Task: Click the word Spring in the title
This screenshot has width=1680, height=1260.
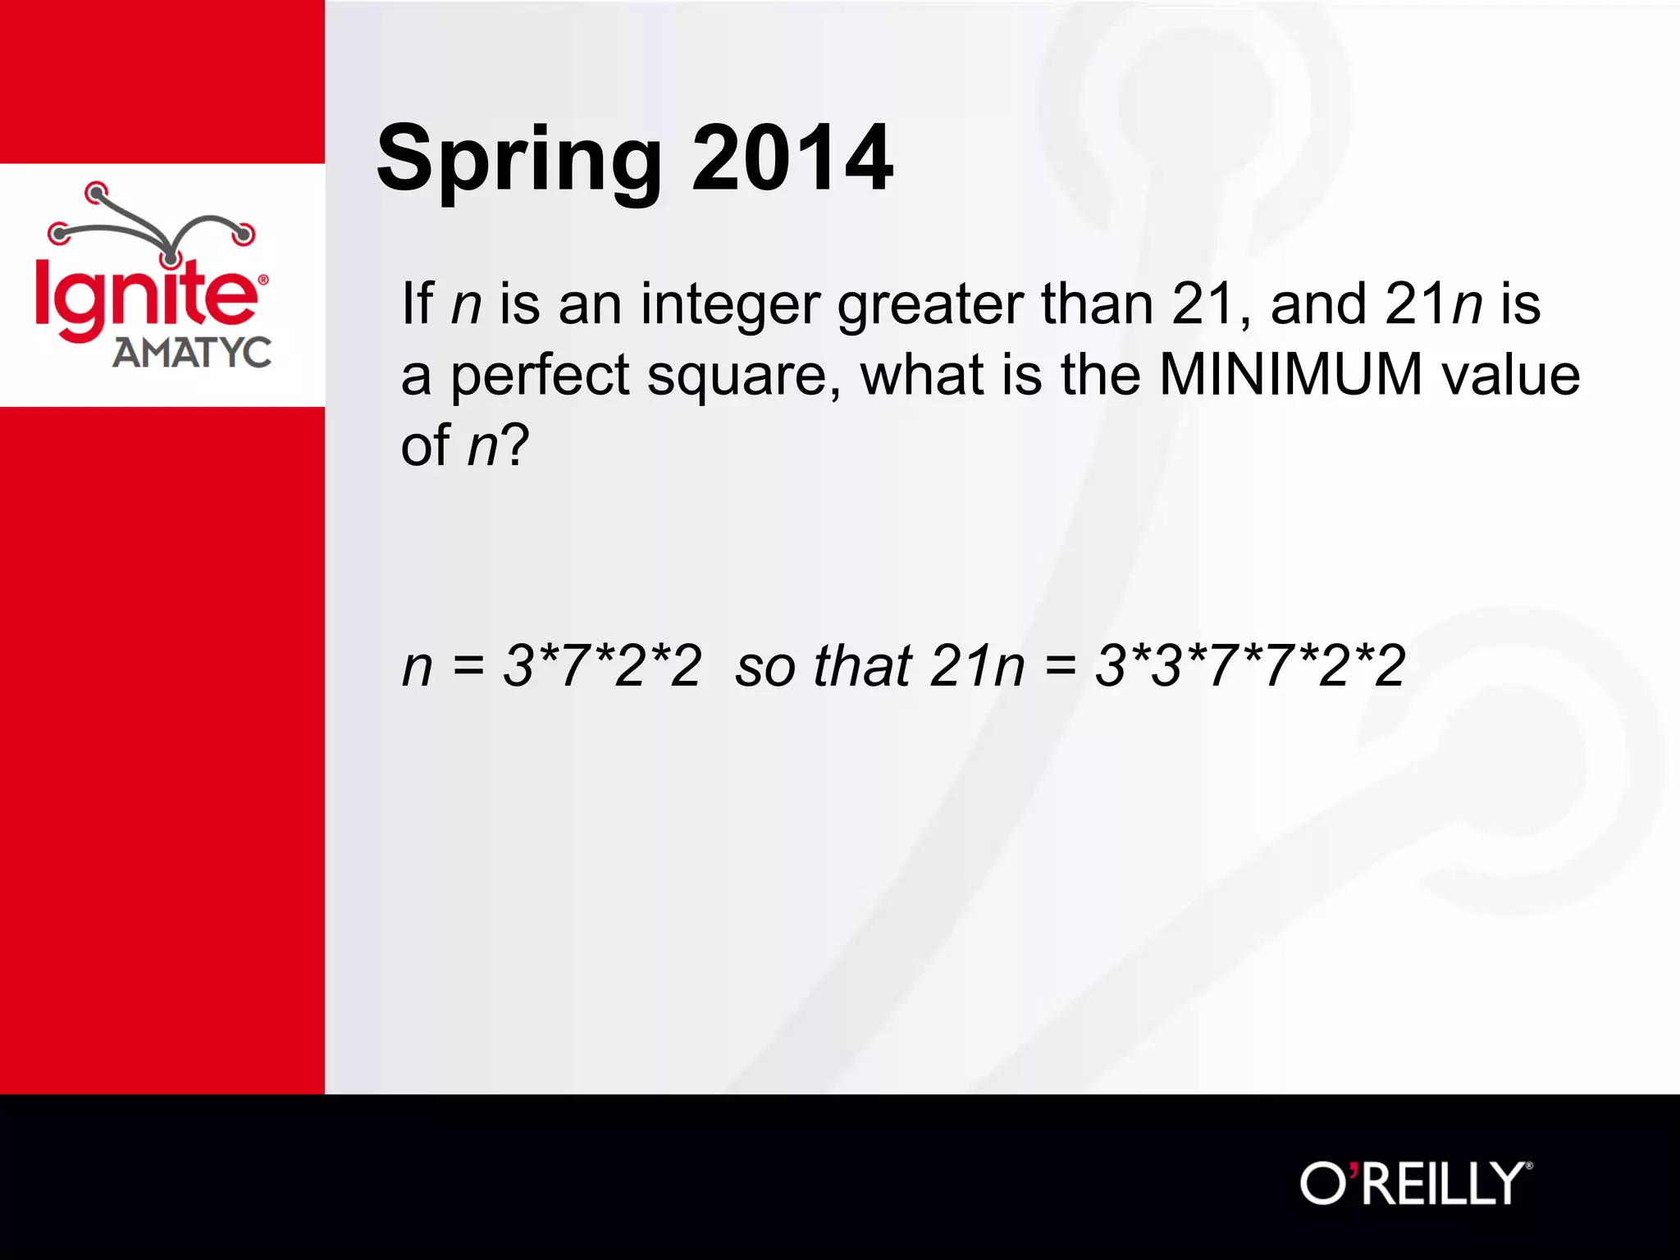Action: pos(518,160)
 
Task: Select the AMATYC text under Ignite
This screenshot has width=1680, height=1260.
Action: pos(192,353)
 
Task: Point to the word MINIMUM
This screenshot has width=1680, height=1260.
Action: pos(1290,375)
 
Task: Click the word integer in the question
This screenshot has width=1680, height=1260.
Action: pos(730,305)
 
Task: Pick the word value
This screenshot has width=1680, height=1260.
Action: pos(1510,375)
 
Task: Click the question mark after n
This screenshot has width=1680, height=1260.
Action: pos(514,445)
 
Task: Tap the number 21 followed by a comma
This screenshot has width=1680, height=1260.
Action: pos(1206,304)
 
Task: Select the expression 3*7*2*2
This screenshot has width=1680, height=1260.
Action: pos(602,665)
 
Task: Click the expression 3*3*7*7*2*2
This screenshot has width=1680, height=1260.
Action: pos(1250,665)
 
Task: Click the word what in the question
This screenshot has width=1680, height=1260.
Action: pos(920,375)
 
